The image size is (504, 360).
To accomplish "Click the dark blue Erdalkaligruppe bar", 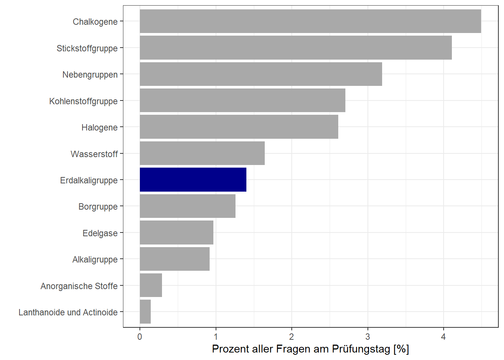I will (x=193, y=180).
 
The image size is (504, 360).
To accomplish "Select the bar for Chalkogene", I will (x=310, y=21).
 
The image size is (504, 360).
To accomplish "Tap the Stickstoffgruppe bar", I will (x=295, y=48).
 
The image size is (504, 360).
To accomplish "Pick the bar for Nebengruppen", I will (x=261, y=74).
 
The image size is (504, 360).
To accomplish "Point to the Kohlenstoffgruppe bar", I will (x=242, y=100).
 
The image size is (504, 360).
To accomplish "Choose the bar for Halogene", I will (x=239, y=127).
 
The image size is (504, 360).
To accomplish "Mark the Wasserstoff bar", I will (x=202, y=153).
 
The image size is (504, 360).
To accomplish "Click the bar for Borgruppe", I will (x=187, y=206).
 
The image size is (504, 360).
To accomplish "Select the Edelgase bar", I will (x=176, y=232).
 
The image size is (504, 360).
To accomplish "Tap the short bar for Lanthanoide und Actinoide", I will (x=145, y=312).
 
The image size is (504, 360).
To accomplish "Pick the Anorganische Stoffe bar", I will (x=151, y=285).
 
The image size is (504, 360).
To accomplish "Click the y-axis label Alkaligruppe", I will (x=95, y=259).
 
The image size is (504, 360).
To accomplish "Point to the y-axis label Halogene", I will (x=99, y=127).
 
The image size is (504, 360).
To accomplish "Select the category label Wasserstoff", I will (x=94, y=154).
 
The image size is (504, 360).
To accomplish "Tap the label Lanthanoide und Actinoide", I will (x=68, y=312).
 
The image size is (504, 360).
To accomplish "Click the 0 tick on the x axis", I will (x=140, y=337).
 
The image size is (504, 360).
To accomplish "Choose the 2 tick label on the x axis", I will (x=291, y=337).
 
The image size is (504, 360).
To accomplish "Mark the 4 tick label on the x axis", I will (x=443, y=337).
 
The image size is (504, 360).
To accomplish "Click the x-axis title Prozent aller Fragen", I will (x=310, y=349).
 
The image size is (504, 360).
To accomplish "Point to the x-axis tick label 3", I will (x=367, y=337).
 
